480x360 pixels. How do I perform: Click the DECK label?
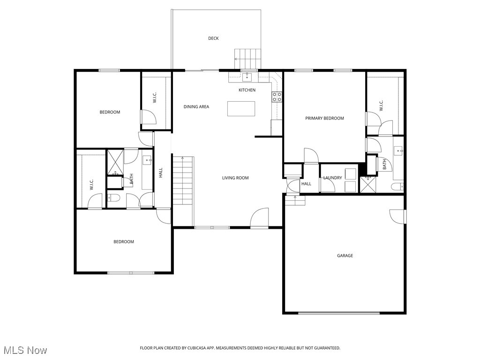[213, 38]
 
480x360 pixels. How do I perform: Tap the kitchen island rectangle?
[242, 108]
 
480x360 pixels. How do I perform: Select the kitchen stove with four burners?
[277, 97]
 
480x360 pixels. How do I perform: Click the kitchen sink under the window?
[247, 76]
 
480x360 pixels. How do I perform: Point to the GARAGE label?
[345, 256]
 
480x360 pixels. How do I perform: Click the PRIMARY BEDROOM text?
[324, 118]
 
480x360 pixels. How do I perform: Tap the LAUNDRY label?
[332, 178]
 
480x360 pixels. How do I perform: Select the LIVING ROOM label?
[235, 178]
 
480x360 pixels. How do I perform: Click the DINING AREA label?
[196, 107]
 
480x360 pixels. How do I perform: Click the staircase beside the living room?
[183, 180]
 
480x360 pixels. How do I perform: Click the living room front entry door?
[259, 219]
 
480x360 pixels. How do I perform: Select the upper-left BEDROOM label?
[110, 112]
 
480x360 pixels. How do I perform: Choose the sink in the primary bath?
[398, 150]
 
